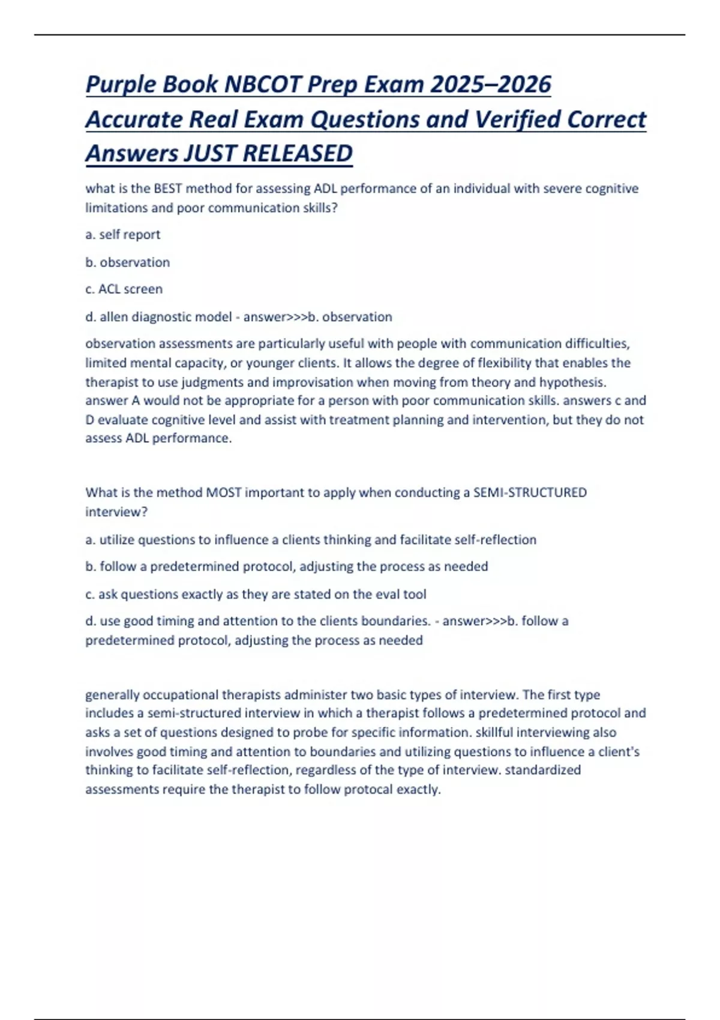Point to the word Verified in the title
[x=517, y=119]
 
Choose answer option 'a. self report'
[x=123, y=235]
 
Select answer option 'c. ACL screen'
[x=124, y=289]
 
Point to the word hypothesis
[x=572, y=382]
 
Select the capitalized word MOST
[x=223, y=493]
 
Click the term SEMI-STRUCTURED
[x=530, y=493]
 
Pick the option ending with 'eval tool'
[x=256, y=595]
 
